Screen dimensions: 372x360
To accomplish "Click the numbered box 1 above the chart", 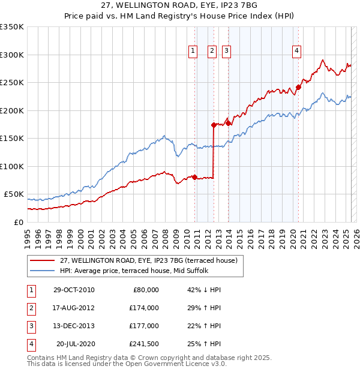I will pyautogui.click(x=193, y=52).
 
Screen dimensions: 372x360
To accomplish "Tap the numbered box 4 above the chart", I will pyautogui.click(x=297, y=52).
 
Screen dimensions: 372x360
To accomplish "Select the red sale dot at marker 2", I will pyautogui.click(x=214, y=125).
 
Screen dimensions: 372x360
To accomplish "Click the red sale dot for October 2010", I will pyautogui.click(x=194, y=177).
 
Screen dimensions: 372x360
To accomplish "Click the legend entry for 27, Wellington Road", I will pyautogui.click(x=149, y=260).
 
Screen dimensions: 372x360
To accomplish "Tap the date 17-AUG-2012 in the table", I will pyautogui.click(x=74, y=307).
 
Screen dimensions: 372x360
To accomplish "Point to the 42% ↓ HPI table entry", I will pyautogui.click(x=204, y=289).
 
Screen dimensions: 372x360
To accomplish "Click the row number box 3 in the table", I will pyautogui.click(x=31, y=326).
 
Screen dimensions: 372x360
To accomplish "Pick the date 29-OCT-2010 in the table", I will pyautogui.click(x=74, y=289).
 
